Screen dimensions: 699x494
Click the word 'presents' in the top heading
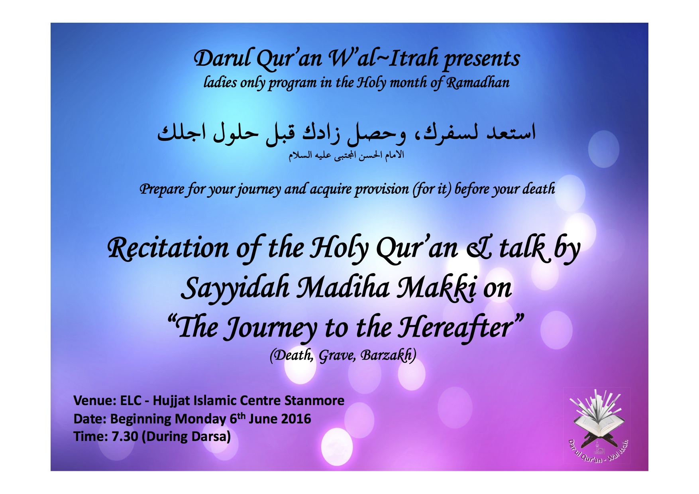(x=482, y=59)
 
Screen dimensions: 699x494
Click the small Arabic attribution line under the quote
(x=346, y=155)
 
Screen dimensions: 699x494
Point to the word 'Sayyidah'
(x=235, y=288)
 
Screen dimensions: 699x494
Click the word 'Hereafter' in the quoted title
(x=457, y=327)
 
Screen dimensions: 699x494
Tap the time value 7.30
(x=124, y=437)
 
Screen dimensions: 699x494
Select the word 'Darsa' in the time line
(x=208, y=437)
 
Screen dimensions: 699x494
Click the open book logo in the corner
(x=597, y=425)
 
